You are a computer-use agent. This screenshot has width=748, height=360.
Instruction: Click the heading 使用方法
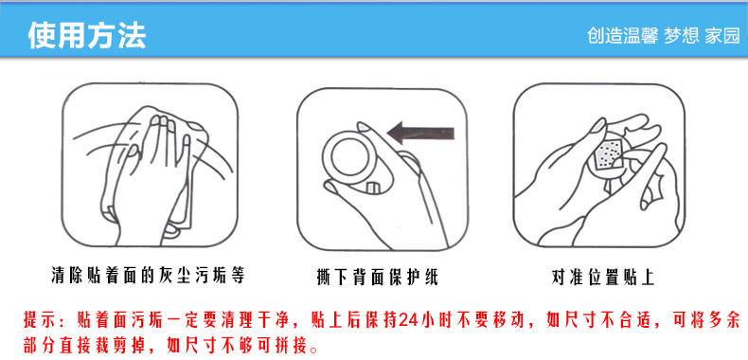tap(87, 35)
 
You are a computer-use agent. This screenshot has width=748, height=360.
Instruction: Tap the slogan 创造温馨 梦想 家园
tap(664, 36)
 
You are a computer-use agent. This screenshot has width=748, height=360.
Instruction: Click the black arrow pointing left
tap(419, 133)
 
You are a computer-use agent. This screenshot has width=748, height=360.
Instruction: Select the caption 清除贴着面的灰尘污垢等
tap(148, 276)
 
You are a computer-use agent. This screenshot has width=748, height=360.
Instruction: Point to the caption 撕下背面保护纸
tap(377, 277)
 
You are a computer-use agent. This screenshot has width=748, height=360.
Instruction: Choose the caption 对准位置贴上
tap(602, 277)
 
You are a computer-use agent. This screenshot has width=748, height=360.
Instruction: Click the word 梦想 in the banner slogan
tap(681, 36)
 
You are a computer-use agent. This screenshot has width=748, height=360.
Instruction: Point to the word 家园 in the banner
tap(722, 36)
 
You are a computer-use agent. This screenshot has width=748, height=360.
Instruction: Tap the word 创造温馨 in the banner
tap(622, 36)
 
